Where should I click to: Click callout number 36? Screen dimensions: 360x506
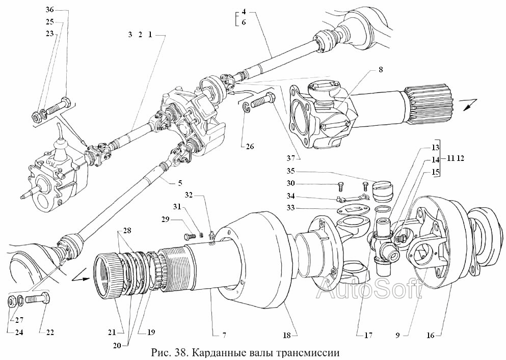49,10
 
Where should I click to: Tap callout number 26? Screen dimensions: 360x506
249,147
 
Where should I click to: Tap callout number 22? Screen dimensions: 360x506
50,332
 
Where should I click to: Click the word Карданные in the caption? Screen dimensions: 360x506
216,352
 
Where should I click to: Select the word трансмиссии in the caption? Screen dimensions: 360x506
308,352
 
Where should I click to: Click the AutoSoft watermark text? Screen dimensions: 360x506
369,290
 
